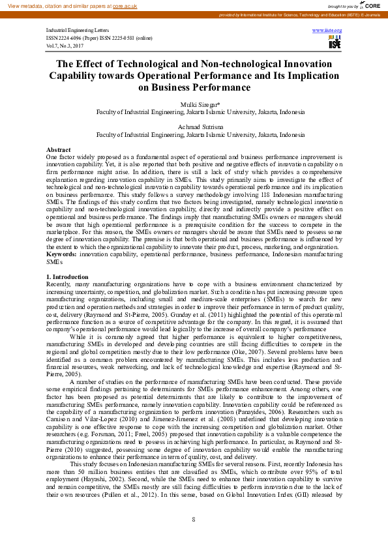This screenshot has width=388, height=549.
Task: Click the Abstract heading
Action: [59, 150]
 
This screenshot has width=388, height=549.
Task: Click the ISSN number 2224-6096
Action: [77, 38]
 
